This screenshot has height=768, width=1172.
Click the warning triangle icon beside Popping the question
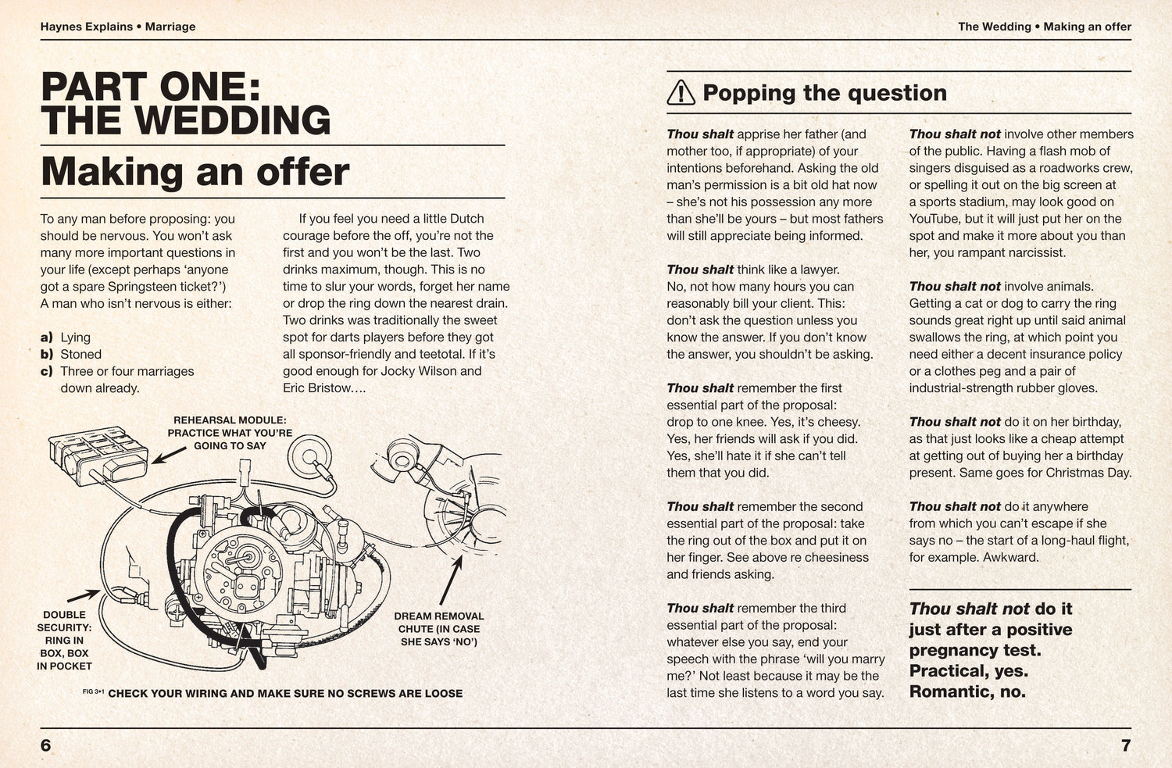click(681, 93)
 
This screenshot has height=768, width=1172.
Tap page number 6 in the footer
click(45, 745)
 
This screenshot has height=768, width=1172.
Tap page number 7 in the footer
click(1125, 745)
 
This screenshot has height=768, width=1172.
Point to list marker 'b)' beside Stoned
click(47, 355)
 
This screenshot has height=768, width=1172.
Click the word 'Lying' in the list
click(76, 338)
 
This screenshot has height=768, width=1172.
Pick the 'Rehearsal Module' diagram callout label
click(230, 433)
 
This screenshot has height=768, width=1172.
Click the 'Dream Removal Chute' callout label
click(438, 629)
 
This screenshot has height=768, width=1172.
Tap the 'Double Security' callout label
click(64, 641)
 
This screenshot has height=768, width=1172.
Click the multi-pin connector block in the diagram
click(98, 454)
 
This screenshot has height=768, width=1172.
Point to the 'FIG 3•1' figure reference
click(93, 691)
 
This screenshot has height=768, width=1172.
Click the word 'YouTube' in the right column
click(934, 219)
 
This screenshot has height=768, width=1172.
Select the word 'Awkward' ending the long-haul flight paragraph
click(1012, 558)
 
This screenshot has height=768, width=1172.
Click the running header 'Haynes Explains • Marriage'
click(118, 27)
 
